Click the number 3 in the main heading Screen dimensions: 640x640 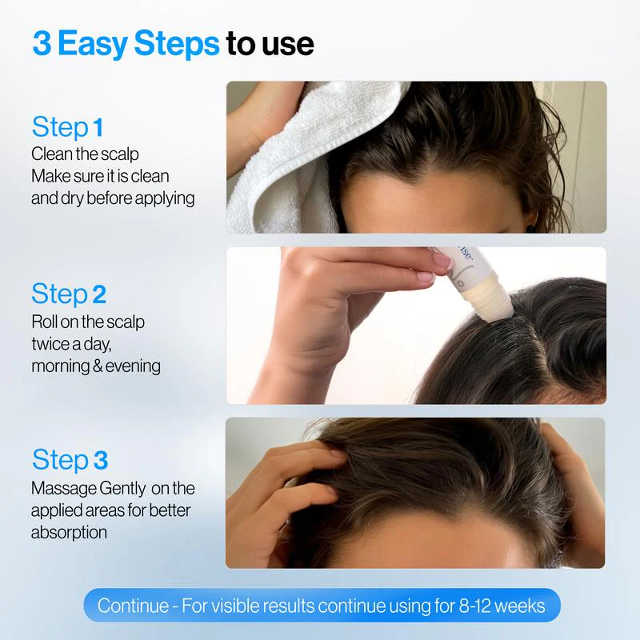[x=42, y=43]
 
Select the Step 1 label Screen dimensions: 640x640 [x=68, y=127]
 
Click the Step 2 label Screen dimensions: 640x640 [x=69, y=294]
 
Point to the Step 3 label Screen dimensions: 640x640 [x=70, y=460]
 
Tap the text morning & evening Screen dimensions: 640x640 [x=96, y=366]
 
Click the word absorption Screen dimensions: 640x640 [x=69, y=531]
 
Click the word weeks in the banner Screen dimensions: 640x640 [x=521, y=606]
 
